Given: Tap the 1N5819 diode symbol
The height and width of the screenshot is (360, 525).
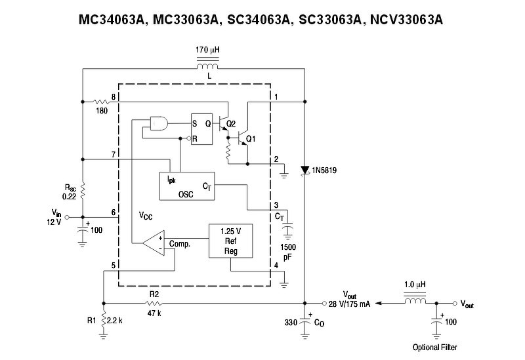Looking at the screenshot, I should pos(305,170).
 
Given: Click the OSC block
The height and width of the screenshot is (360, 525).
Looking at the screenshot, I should pos(186,186).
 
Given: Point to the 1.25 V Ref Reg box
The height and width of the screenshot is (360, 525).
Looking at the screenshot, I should pos(230,241).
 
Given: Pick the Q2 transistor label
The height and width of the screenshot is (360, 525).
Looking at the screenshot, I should pos(230,123).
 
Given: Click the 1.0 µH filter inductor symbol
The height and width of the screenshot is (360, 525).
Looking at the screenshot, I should pos(415,304).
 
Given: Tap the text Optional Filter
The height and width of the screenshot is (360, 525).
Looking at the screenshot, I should pos(435,347).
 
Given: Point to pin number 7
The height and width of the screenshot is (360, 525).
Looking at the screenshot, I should pos(114,155).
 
